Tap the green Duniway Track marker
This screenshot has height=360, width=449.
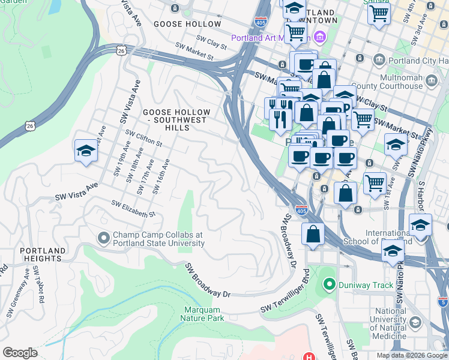pyautogui.click(x=329, y=284)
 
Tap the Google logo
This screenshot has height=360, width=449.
pyautogui.click(x=19, y=353)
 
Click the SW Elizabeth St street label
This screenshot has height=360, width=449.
pyautogui.click(x=133, y=209)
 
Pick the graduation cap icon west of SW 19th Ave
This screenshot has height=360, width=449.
pyautogui.click(x=86, y=152)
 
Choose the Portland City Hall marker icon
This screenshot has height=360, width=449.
pyautogui.click(x=379, y=59)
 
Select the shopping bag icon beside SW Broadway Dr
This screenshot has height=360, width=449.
pyautogui.click(x=313, y=234)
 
